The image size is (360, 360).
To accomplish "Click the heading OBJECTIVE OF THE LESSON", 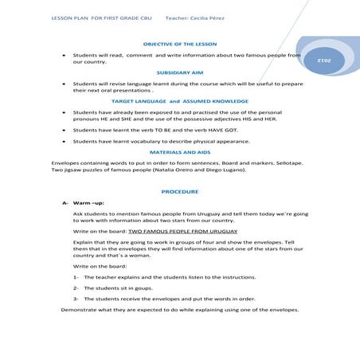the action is point(179,43).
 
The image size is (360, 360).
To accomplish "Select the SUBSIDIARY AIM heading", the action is point(179,72).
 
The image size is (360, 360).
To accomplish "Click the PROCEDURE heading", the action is point(179,191).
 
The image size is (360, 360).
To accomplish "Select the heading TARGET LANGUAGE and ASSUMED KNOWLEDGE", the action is point(179,101).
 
